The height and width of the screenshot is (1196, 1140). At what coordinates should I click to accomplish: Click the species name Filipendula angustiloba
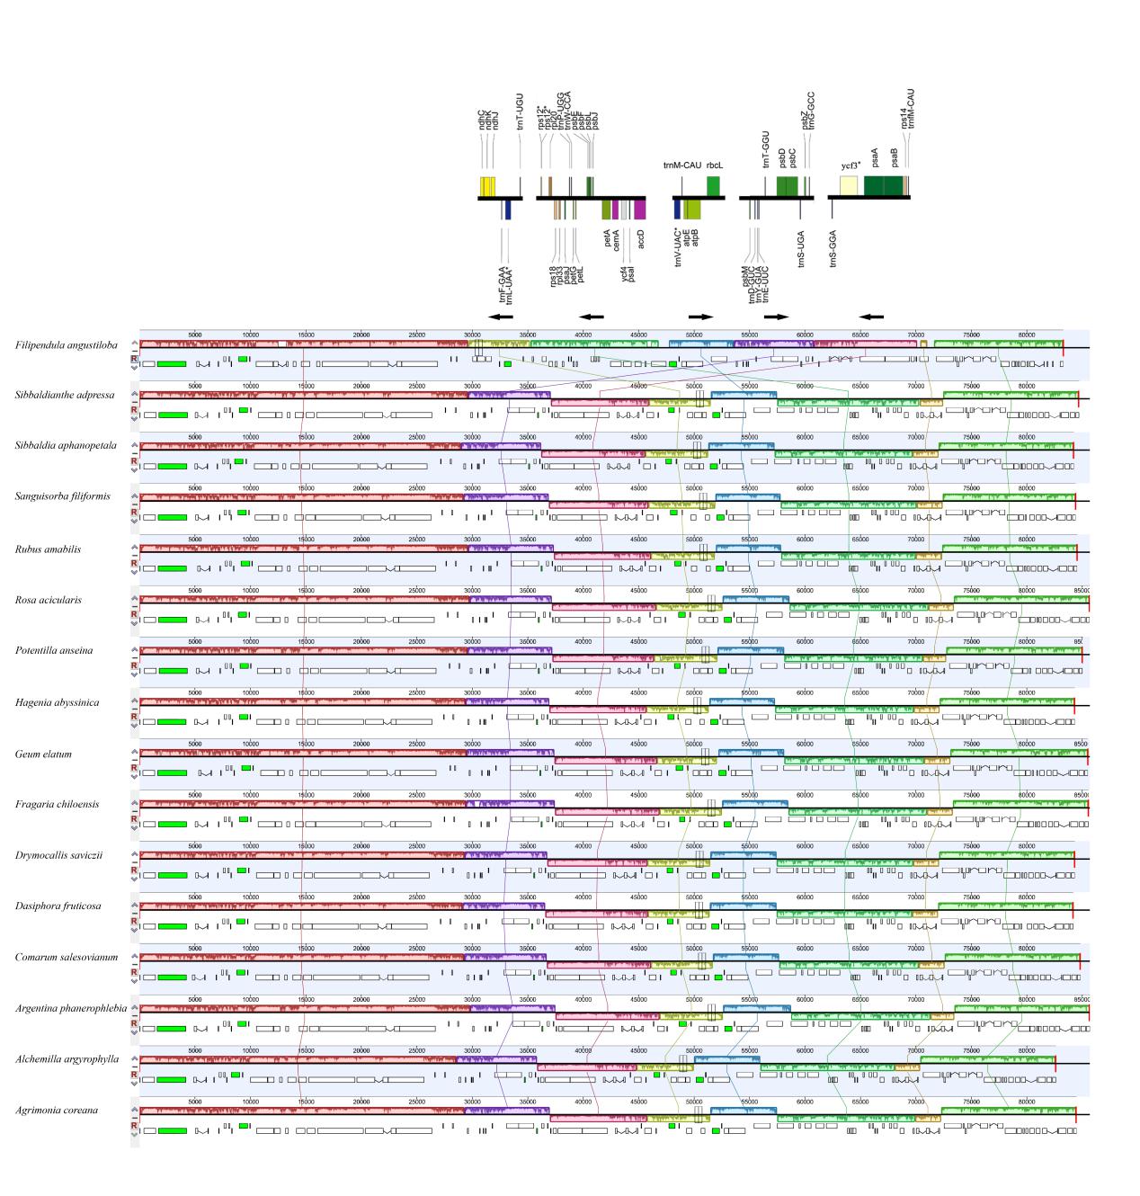pos(67,345)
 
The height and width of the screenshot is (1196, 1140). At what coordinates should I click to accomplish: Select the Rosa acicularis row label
pos(57,600)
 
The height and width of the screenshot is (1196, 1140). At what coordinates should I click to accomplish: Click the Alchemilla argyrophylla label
pos(67,1059)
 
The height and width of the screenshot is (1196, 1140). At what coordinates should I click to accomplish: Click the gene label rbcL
pos(715,165)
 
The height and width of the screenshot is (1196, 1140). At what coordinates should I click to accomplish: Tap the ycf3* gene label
pos(851,165)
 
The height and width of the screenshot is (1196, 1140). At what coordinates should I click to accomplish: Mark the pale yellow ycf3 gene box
pos(848,185)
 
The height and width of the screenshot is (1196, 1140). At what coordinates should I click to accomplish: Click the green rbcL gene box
pos(713,185)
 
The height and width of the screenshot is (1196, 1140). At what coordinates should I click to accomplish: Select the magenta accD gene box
pos(640,210)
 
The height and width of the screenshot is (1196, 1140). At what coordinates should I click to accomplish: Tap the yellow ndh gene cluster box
pos(486,186)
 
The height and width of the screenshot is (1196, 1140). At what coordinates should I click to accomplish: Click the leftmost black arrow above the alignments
pos(501,317)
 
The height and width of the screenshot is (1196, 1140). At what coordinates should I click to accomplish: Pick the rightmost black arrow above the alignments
pos(871,317)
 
